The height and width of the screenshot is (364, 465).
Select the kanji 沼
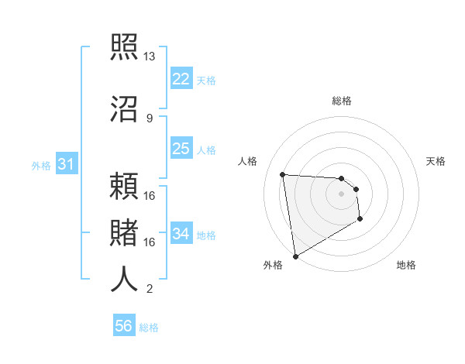124,108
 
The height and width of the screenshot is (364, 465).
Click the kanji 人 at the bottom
124,280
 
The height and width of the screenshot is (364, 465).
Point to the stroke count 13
150,57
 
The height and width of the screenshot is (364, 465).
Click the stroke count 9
150,118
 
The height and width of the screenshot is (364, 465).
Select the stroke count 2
150,289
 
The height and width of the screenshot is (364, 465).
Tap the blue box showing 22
181,79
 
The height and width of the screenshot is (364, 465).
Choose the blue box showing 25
181,149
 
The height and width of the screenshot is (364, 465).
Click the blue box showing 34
181,234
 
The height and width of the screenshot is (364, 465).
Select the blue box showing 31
66,164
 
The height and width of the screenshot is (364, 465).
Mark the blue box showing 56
123,326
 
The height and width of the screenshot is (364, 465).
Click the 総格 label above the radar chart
342,101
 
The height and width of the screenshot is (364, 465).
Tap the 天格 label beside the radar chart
436,161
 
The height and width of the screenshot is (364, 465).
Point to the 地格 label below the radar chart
406,266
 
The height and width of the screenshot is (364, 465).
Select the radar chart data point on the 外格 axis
295,256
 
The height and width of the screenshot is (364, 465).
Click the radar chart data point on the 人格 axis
283,174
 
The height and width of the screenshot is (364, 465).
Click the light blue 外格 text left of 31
40,165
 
